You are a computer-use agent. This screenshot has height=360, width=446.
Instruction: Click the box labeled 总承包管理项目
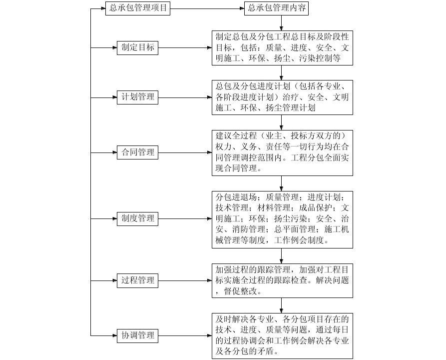click(138, 8)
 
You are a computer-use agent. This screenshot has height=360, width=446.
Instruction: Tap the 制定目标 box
click(138, 48)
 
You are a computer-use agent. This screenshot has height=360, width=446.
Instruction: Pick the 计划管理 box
click(138, 97)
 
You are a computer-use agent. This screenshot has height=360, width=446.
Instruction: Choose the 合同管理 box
click(138, 152)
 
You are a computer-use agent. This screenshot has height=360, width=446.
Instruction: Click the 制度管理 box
click(138, 218)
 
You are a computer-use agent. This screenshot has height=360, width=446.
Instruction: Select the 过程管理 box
click(138, 280)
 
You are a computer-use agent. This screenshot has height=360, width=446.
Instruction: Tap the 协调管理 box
click(138, 335)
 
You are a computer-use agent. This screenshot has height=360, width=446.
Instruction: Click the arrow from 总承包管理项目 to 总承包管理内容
click(207, 8)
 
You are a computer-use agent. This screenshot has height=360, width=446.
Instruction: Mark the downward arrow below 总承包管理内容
click(282, 22)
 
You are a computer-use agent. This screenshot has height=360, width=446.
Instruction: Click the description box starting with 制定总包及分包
click(282, 48)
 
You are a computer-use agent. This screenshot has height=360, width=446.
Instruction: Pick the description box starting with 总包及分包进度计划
click(282, 97)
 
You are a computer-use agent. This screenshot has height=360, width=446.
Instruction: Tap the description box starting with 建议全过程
click(282, 152)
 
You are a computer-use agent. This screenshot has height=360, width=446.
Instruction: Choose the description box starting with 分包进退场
click(282, 218)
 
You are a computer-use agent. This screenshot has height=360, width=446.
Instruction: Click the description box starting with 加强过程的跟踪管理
click(282, 280)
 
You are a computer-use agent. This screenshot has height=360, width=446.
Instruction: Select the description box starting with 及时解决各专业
click(282, 335)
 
